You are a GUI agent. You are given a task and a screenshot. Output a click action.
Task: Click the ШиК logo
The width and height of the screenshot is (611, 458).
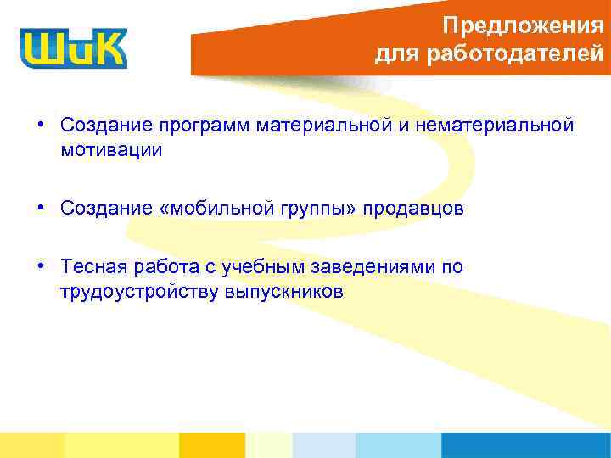coord(74,47)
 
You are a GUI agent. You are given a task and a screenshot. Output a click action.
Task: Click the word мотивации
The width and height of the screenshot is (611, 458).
coord(110,151)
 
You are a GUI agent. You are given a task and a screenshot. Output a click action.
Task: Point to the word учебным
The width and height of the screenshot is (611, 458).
coord(264,268)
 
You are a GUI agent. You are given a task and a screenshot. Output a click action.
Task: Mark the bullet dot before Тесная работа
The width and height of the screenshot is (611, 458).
coord(41,267)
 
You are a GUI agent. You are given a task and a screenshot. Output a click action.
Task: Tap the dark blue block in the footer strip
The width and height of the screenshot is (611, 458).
coord(525,445)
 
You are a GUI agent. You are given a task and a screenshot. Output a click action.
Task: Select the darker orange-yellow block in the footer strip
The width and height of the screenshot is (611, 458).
coord(211,445)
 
